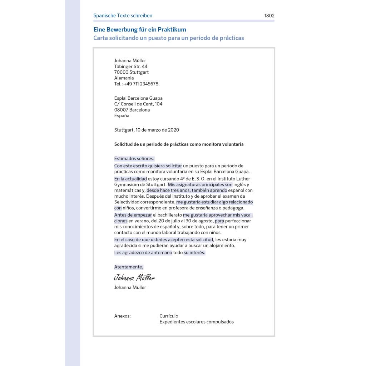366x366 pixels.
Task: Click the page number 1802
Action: click(x=269, y=16)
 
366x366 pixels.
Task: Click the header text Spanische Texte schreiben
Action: click(x=123, y=16)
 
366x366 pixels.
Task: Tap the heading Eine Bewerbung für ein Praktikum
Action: click(x=140, y=30)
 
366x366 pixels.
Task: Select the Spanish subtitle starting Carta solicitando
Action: click(x=168, y=38)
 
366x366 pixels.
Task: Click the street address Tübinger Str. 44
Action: click(x=130, y=66)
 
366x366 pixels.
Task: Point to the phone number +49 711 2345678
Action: click(x=141, y=84)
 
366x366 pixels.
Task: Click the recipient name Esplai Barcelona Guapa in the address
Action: click(x=138, y=98)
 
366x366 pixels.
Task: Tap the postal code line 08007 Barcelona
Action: click(x=132, y=110)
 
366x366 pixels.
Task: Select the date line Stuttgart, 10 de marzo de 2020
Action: click(x=147, y=130)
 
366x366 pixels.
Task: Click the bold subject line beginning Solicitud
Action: click(x=179, y=144)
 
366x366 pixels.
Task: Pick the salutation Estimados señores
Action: click(x=134, y=159)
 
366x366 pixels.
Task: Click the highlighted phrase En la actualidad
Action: click(x=130, y=179)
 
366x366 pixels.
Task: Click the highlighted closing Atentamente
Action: click(x=129, y=267)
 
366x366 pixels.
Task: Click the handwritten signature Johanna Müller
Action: click(x=134, y=278)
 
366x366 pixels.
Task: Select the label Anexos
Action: click(x=122, y=316)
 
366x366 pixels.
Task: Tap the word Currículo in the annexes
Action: click(x=169, y=316)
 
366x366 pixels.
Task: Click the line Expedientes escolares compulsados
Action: click(x=196, y=322)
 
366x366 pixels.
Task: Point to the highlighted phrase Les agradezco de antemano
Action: click(x=143, y=253)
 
